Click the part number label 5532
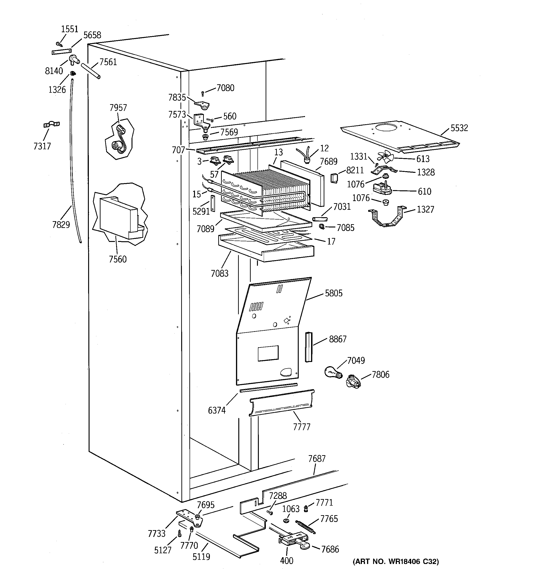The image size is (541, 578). pyautogui.click(x=459, y=128)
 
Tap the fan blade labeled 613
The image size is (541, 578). pyautogui.click(x=385, y=157)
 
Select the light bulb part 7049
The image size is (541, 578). pyautogui.click(x=333, y=372)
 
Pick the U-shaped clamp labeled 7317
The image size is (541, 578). pyautogui.click(x=51, y=124)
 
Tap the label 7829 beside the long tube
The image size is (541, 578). pyautogui.click(x=61, y=224)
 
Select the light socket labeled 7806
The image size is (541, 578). pyautogui.click(x=354, y=381)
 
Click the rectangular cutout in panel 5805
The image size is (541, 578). pyautogui.click(x=268, y=353)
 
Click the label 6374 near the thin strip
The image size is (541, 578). pyautogui.click(x=217, y=410)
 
